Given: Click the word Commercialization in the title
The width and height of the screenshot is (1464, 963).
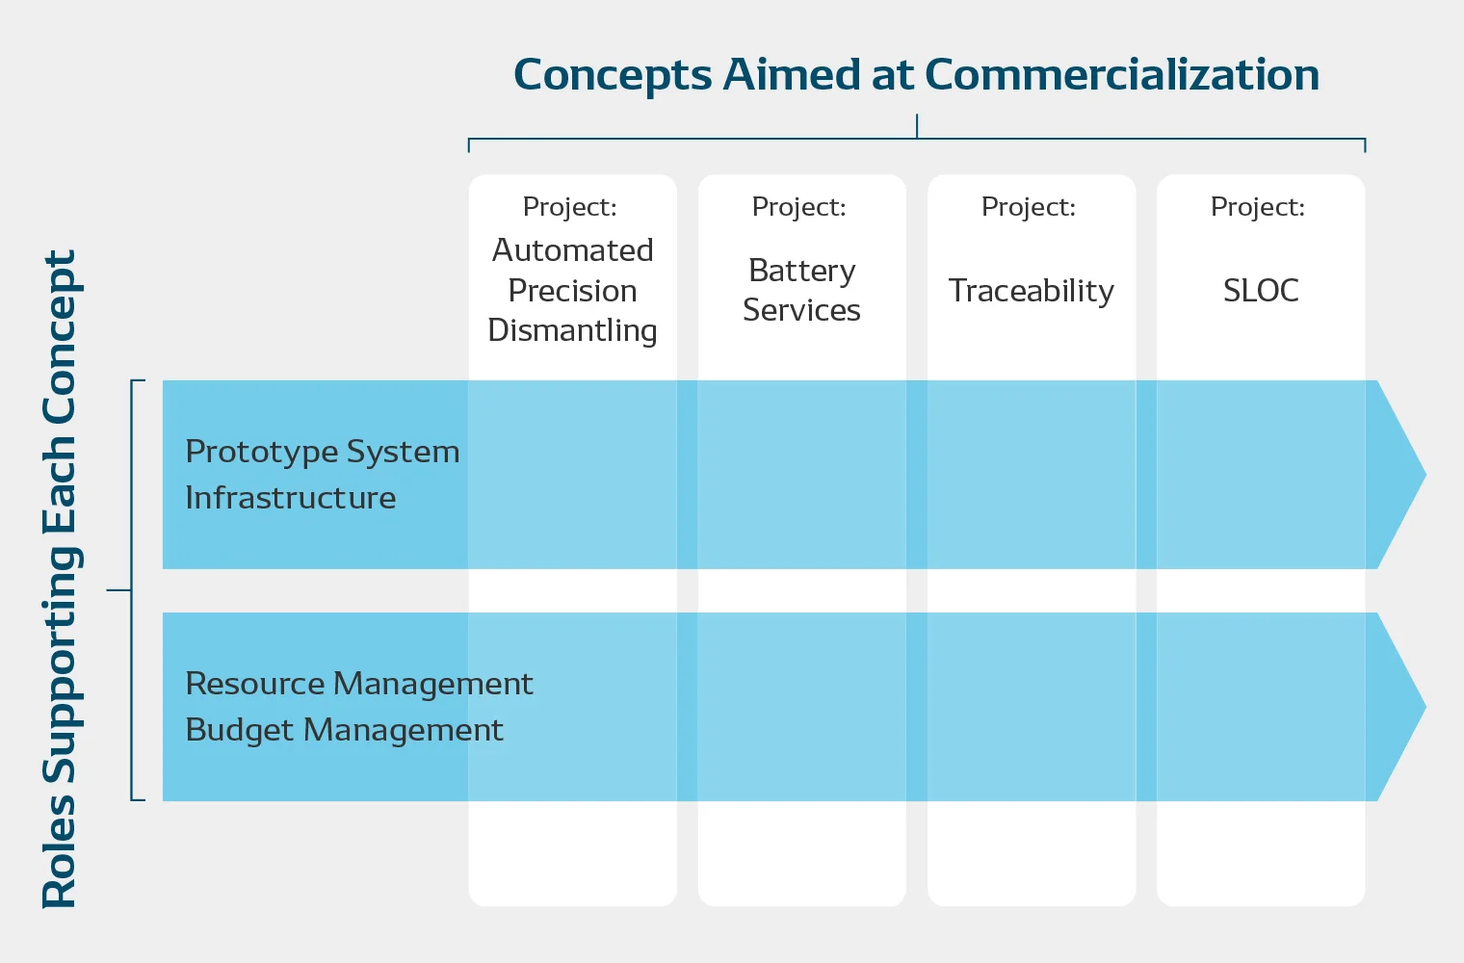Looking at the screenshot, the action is coord(1121,74).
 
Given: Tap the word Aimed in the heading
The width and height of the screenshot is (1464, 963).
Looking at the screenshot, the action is coord(792,73).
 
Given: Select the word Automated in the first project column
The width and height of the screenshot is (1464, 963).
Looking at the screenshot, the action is coord(572,250).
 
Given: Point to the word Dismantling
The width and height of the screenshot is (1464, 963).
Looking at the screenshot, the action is coord(572,331).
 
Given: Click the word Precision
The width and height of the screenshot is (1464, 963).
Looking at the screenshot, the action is coord(572,291).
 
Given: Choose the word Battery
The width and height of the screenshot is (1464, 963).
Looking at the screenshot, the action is coord(802,272).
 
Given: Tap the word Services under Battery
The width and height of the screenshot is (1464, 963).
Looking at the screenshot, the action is coord(802,310).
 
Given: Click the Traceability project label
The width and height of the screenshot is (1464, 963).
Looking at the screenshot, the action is coord(1032,292).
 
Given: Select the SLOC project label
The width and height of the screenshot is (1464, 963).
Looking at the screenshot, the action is coord(1261,291).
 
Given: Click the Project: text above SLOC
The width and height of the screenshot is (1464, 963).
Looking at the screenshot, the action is coord(1258,207).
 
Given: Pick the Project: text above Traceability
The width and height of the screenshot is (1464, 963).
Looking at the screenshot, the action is coord(1028,207).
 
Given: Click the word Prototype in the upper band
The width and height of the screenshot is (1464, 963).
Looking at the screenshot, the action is coord(261,453).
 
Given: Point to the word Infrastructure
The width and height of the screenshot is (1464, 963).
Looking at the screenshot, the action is coord(291,498).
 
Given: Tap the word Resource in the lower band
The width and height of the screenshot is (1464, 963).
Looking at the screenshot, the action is coord(255,684).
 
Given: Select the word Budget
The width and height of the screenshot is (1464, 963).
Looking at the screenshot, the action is coord(239,731).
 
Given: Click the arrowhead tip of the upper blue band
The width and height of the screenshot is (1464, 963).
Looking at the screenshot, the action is coord(1425,475).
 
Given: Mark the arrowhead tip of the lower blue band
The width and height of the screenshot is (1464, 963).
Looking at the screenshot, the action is coord(1425,706).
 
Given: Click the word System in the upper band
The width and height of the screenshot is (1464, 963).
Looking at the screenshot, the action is coord(403,453).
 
